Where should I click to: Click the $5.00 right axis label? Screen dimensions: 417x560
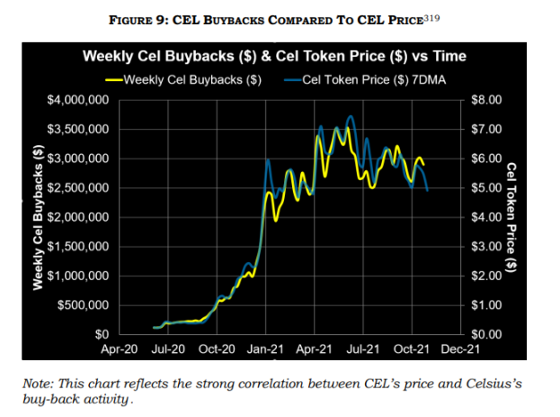click(x=487, y=188)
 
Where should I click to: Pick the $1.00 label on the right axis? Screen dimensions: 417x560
click(x=487, y=305)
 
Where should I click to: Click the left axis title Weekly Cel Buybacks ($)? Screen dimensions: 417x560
click(x=40, y=217)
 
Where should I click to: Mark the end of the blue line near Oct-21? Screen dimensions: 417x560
click(x=427, y=191)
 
